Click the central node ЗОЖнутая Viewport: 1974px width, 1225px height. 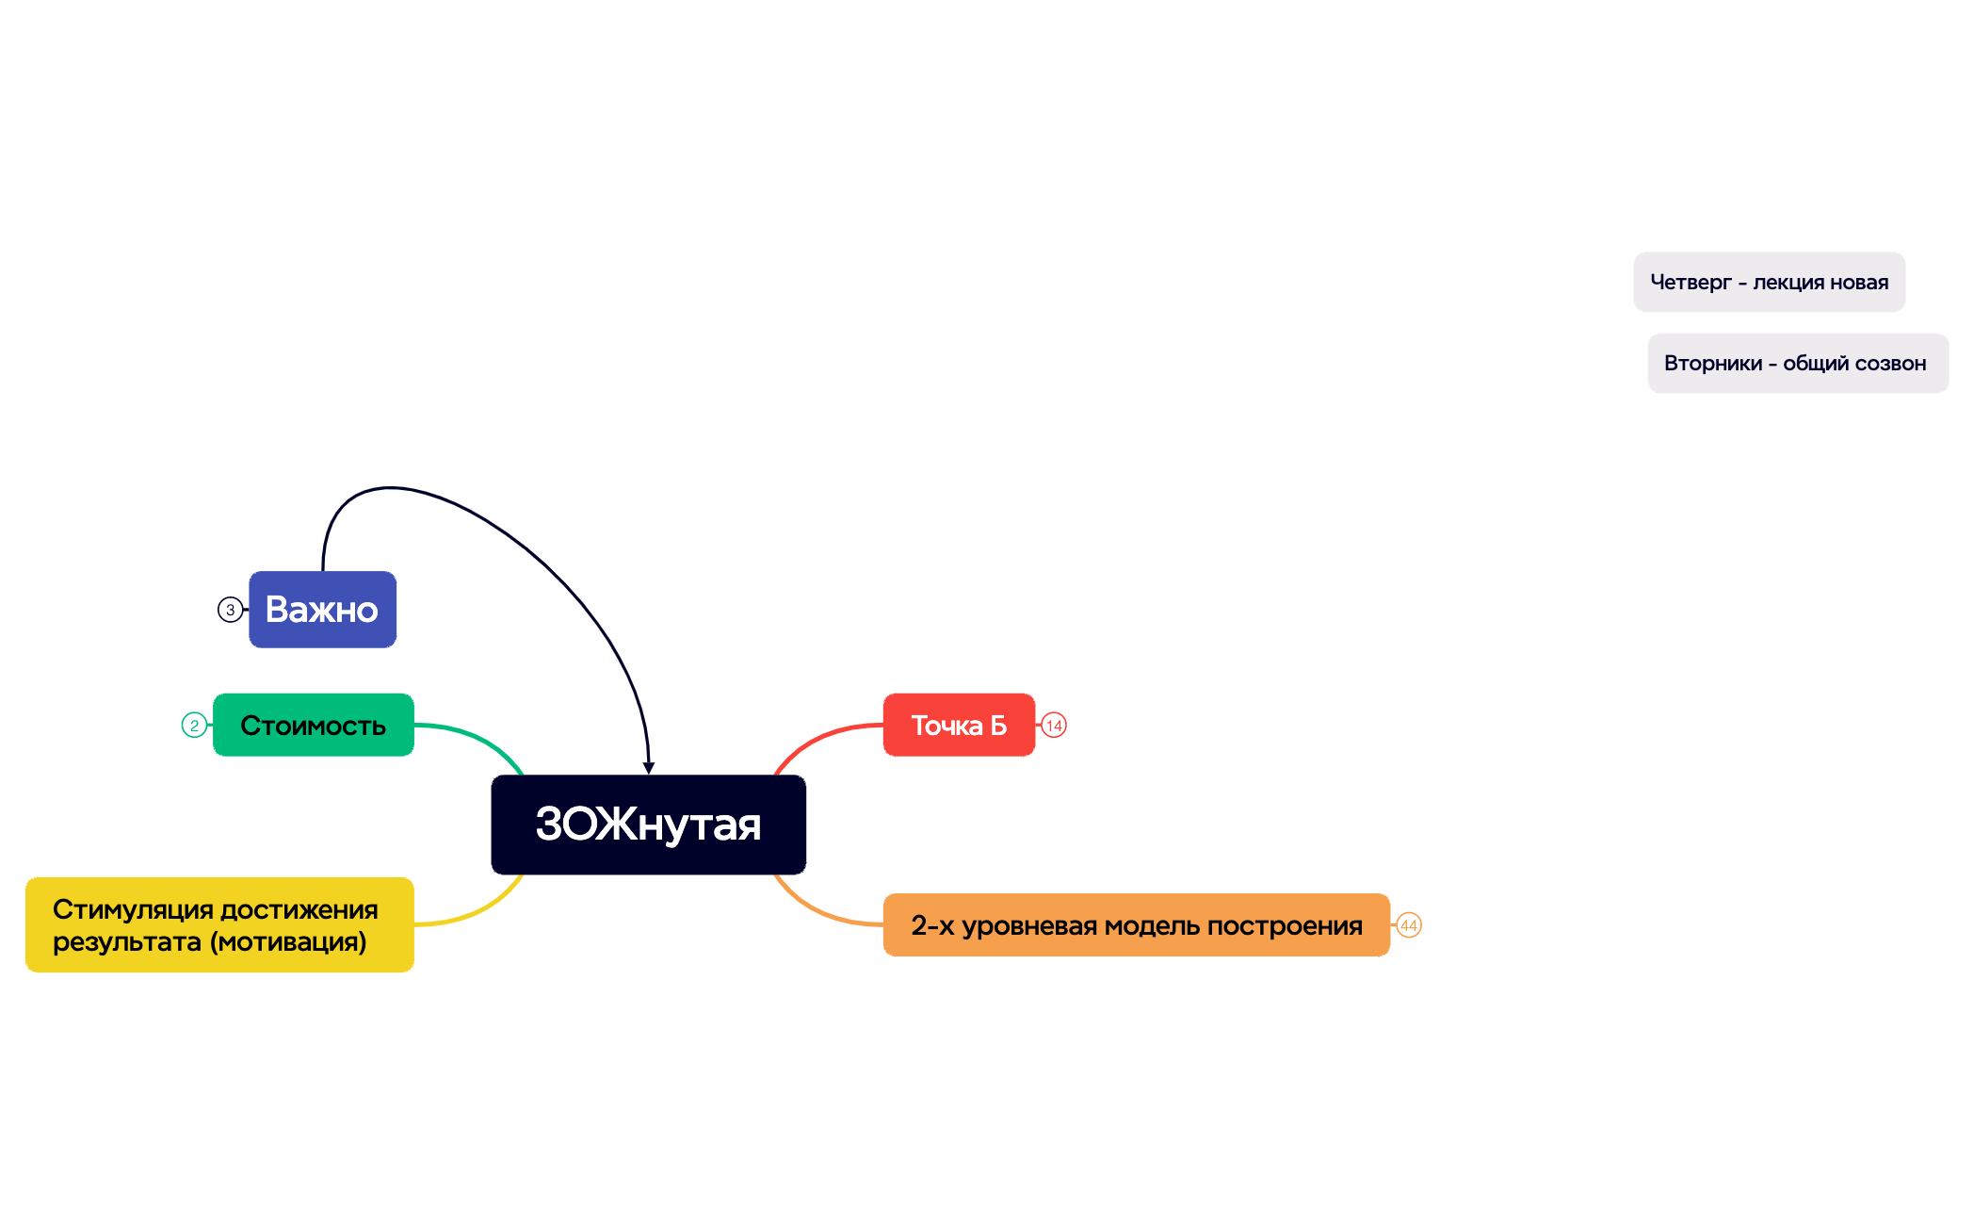tap(648, 825)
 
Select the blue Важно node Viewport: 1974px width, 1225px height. tap(322, 610)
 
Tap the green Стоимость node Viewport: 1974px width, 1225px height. tap(314, 725)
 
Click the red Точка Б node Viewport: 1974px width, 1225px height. tap(959, 725)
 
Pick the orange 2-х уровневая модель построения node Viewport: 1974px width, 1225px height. tap(1137, 924)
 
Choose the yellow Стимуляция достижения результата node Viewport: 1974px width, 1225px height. tap(219, 924)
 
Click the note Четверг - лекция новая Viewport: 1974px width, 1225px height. tap(1769, 282)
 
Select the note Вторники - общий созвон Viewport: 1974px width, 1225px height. tap(1798, 363)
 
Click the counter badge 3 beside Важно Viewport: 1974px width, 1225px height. tap(230, 610)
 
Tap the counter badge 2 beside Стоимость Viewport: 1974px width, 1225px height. tap(194, 725)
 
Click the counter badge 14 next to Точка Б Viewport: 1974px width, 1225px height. tap(1054, 726)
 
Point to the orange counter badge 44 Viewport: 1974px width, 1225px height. tap(1409, 925)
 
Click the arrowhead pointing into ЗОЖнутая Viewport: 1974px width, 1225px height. tap(648, 768)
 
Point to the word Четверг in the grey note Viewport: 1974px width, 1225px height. tap(1691, 283)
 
